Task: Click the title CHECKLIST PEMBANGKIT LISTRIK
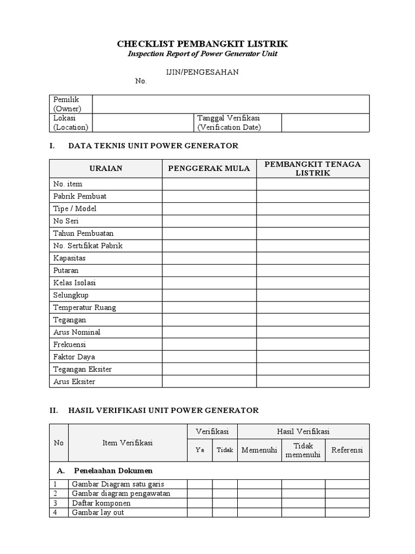[203, 44]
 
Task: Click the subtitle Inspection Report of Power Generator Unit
[203, 55]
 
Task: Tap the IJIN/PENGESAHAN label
[202, 72]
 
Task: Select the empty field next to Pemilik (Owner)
[231, 104]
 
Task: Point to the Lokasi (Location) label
[70, 123]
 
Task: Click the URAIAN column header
[106, 168]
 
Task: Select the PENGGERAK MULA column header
[209, 168]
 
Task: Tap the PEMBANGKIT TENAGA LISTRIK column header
[313, 168]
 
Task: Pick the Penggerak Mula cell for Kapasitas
[209, 258]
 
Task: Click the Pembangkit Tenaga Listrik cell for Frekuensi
[313, 345]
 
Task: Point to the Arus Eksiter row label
[74, 381]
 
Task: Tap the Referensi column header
[347, 450]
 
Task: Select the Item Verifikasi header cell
[128, 443]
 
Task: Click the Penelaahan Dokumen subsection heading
[113, 471]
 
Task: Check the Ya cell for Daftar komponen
[200, 503]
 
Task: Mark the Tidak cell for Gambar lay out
[225, 512]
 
